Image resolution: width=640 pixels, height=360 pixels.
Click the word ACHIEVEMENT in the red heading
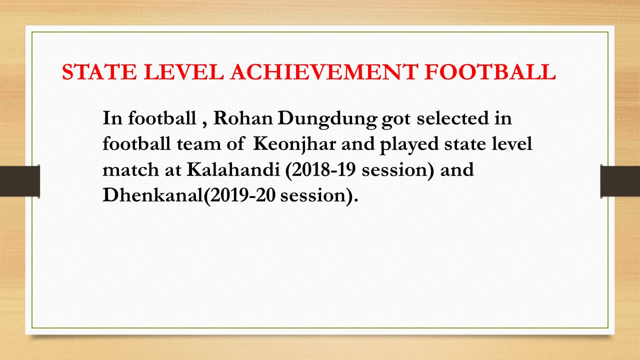(324, 71)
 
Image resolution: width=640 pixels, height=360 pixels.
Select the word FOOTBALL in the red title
(490, 71)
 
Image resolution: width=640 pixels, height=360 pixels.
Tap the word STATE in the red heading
(99, 71)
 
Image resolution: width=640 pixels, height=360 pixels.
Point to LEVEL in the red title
(183, 71)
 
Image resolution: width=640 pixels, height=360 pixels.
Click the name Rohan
(243, 118)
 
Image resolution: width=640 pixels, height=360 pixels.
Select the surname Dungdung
(327, 119)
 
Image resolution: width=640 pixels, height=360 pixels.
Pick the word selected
(452, 118)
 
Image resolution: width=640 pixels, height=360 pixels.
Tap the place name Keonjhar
(294, 145)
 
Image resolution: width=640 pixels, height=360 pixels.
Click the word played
(409, 145)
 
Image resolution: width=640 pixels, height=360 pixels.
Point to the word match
(130, 169)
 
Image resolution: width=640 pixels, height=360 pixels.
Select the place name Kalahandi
(233, 169)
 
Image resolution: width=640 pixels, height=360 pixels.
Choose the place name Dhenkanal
(152, 195)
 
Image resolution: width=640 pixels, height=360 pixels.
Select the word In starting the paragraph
(112, 118)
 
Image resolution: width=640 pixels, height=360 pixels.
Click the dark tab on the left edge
(19, 181)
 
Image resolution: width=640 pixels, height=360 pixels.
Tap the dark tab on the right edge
(620, 181)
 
